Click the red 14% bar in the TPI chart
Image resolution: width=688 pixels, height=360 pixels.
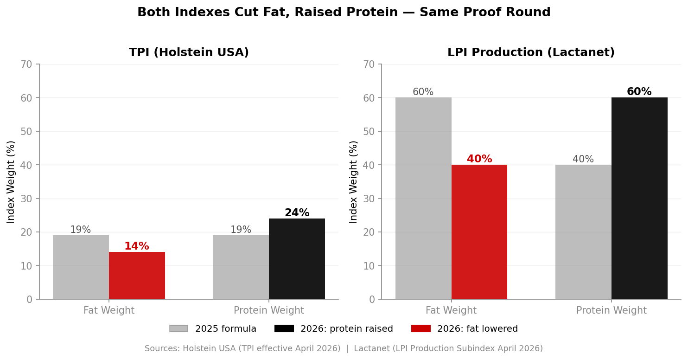coord(137,276)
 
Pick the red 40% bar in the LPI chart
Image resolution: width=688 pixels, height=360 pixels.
coord(479,232)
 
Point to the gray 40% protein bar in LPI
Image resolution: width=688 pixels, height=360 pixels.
coord(583,232)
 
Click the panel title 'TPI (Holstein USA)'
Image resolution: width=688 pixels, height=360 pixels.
coord(189,53)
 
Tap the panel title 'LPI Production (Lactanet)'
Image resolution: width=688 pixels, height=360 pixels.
coord(531,53)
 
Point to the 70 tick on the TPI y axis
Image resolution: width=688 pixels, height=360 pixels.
coord(26,64)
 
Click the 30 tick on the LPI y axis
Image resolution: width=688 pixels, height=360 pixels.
coord(369,199)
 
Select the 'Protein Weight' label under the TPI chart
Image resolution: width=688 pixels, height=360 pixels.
coord(269,311)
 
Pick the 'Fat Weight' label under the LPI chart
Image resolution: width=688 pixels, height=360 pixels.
coord(451,311)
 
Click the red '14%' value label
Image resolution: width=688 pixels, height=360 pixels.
coord(137,246)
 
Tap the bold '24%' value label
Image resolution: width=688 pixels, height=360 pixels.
coord(297,213)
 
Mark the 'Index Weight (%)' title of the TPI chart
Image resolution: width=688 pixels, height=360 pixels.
coord(11,181)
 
